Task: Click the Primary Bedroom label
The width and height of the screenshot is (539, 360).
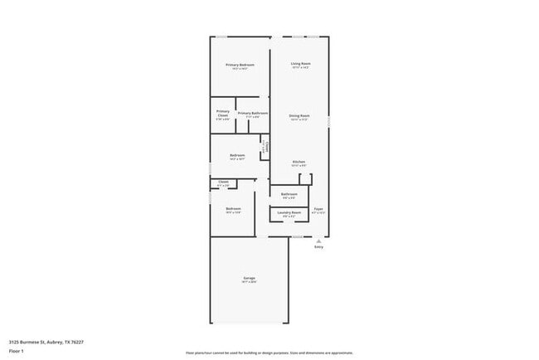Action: (240, 64)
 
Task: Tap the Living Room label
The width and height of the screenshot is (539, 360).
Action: (300, 64)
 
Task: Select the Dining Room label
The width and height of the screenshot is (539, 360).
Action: (299, 115)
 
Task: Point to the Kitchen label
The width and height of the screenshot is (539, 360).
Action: (299, 161)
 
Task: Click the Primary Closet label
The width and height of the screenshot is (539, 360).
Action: (223, 113)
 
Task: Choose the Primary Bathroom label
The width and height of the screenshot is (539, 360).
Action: (252, 112)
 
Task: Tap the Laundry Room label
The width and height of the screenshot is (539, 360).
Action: (289, 212)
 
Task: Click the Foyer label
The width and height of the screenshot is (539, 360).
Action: (318, 208)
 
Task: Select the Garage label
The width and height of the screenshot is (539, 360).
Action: (249, 277)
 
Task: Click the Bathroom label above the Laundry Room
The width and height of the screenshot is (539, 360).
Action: (289, 194)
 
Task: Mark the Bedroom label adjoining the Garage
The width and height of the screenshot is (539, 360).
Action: (234, 208)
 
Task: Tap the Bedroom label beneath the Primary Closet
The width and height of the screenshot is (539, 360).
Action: (237, 155)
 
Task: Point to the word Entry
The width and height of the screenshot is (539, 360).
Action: (318, 247)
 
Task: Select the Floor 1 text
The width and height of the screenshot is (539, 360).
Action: (17, 350)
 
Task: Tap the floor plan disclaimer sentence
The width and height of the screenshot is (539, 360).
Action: (269, 353)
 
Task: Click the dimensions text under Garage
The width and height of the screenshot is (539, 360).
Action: (249, 282)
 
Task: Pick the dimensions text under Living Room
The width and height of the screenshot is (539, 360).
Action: (300, 68)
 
